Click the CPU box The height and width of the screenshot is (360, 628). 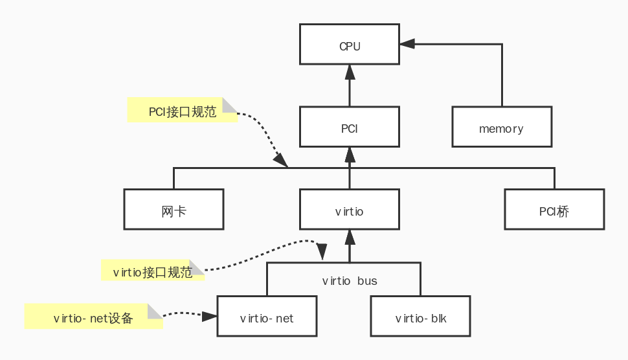pyautogui.click(x=350, y=45)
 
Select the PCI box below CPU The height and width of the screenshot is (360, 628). pyautogui.click(x=350, y=127)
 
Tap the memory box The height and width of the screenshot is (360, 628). pyautogui.click(x=502, y=127)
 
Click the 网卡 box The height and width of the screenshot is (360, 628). pyautogui.click(x=174, y=209)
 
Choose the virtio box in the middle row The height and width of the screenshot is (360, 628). pyautogui.click(x=350, y=209)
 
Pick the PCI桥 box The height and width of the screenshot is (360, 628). pyautogui.click(x=554, y=209)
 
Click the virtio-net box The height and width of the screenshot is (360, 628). pyautogui.click(x=267, y=317)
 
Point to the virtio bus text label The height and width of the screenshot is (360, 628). pyautogui.click(x=350, y=281)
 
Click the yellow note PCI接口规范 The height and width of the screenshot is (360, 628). pyautogui.click(x=182, y=111)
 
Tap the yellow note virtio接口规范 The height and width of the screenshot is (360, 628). pyautogui.click(x=153, y=271)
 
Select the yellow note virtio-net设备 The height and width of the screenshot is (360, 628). pyautogui.click(x=93, y=317)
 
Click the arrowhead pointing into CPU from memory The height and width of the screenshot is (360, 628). pyautogui.click(x=407, y=44)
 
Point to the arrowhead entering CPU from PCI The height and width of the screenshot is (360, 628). pyautogui.click(x=350, y=71)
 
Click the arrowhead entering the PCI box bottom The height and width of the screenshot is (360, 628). pyautogui.click(x=350, y=154)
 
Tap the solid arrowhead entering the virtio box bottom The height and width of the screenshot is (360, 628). pyautogui.click(x=350, y=236)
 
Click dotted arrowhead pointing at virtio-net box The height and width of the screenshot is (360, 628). pyautogui.click(x=209, y=317)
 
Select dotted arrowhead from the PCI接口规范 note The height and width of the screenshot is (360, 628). pyautogui.click(x=280, y=160)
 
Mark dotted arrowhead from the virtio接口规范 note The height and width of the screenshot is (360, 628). pyautogui.click(x=321, y=251)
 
